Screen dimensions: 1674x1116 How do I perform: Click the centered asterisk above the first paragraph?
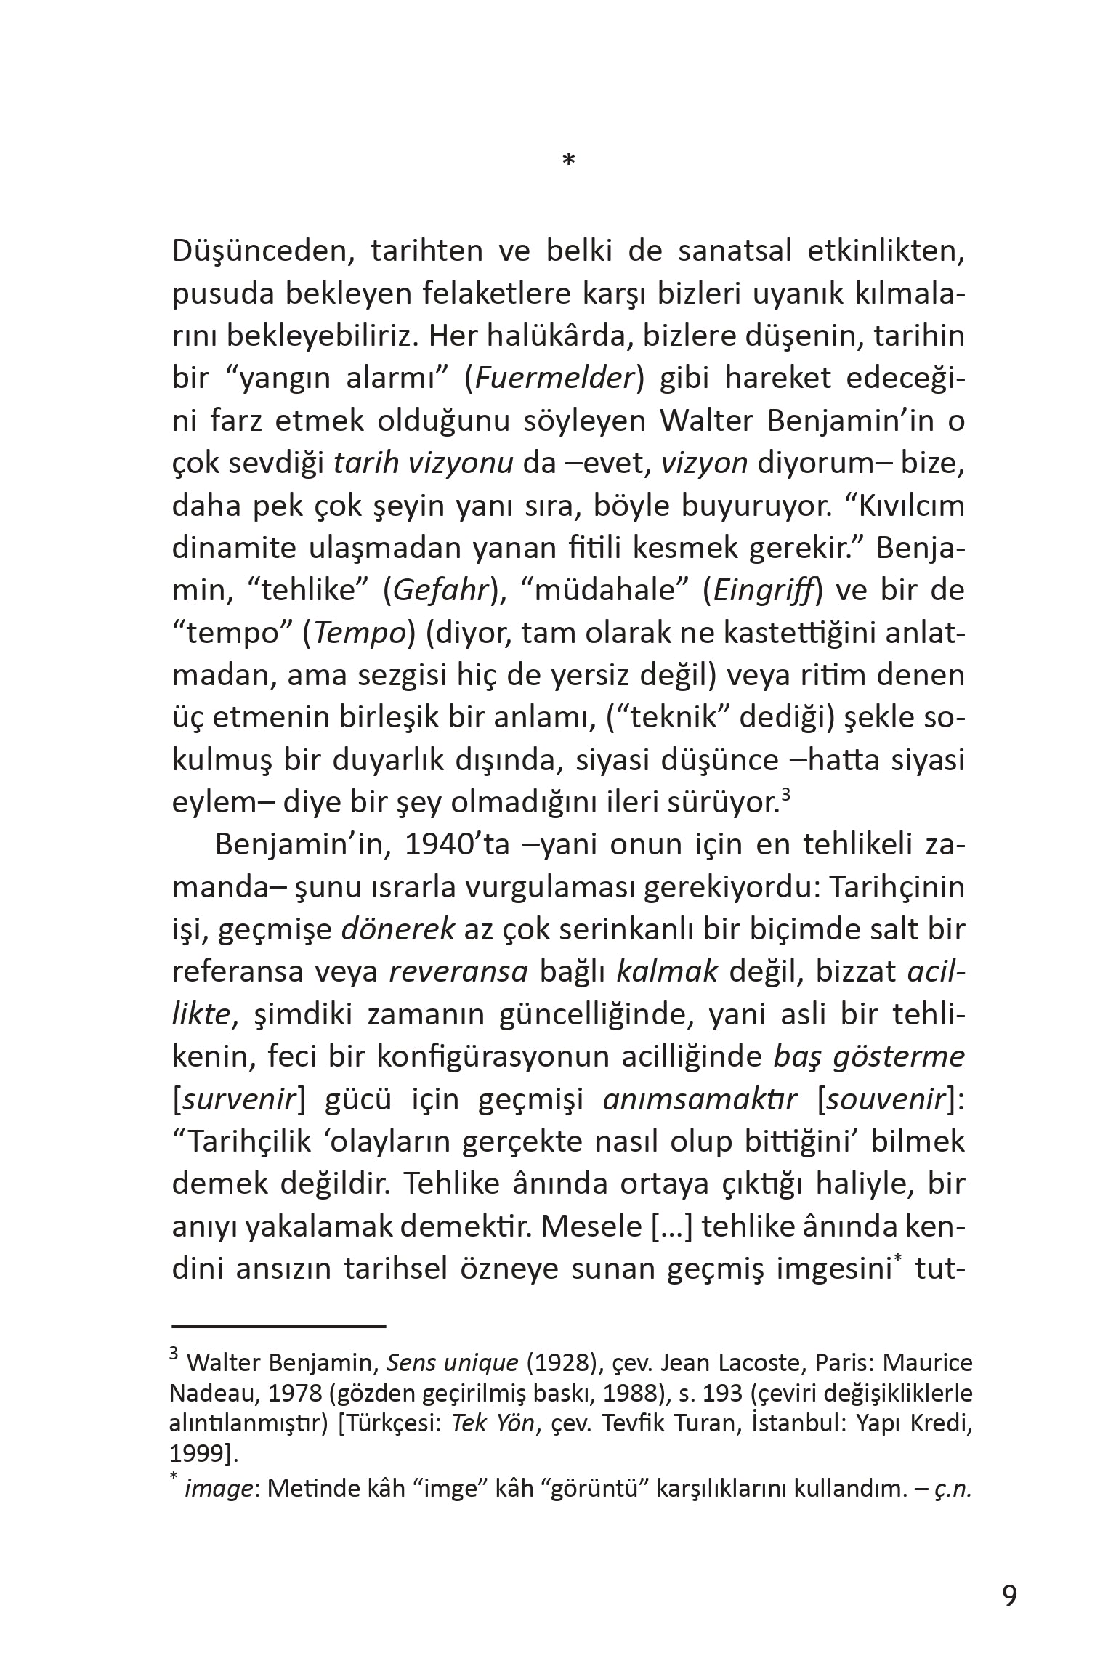(569, 161)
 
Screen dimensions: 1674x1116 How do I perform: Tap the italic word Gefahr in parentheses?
(440, 590)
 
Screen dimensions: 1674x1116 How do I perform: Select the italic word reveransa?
(458, 972)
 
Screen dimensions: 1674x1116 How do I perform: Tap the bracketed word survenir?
(235, 1099)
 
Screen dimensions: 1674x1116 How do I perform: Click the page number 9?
(1009, 1596)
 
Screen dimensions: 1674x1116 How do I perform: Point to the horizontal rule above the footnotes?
(278, 1326)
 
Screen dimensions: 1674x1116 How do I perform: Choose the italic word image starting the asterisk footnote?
(218, 1489)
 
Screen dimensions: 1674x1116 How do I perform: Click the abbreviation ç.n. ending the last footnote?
(951, 1489)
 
